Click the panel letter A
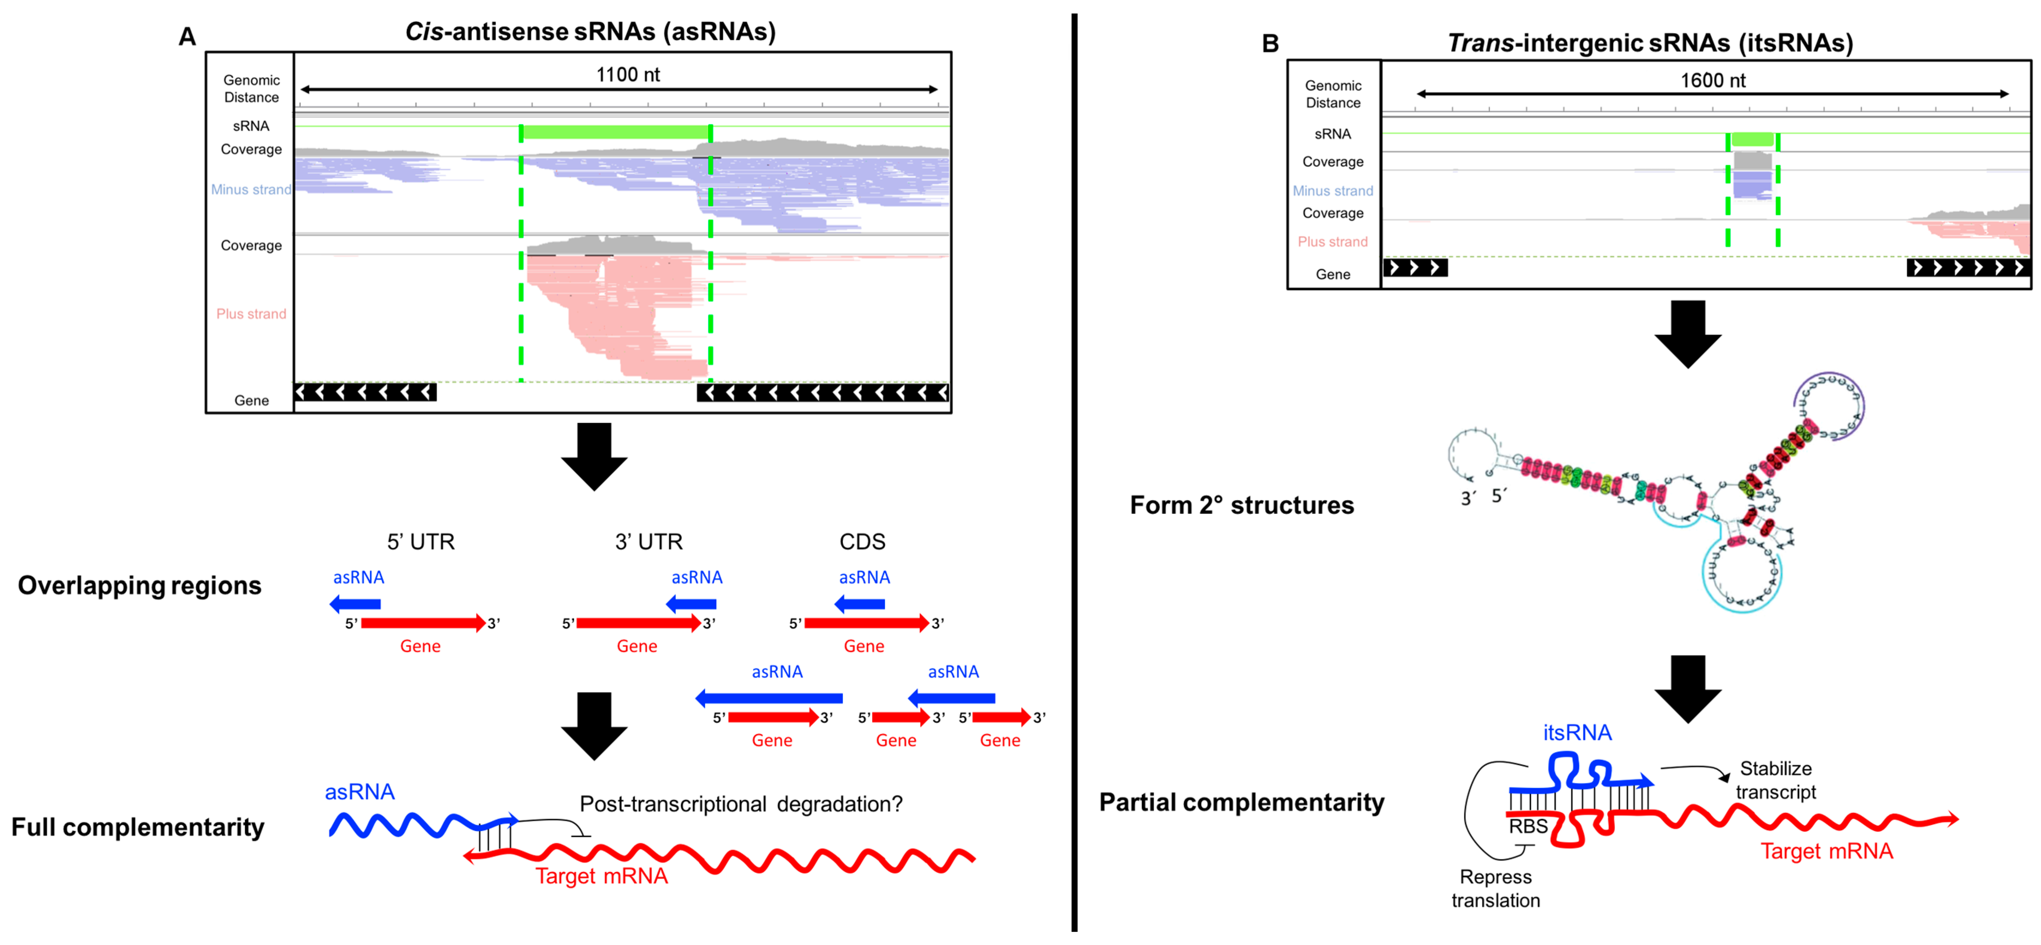tap(187, 36)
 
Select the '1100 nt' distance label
tap(628, 74)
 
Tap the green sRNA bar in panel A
tap(615, 132)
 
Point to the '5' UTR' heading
tap(421, 542)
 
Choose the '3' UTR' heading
tap(648, 542)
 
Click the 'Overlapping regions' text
tap(139, 585)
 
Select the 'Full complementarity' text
tap(138, 827)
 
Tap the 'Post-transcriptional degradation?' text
tap(741, 804)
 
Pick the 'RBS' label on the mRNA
tap(1528, 826)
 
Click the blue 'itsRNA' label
tap(1577, 733)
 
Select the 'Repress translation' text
tap(1495, 888)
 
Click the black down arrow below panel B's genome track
tap(1688, 334)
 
